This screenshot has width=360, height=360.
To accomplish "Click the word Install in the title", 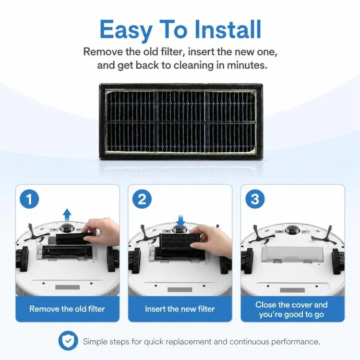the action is tap(228, 29).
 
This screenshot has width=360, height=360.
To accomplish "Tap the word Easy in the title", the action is tap(126, 30).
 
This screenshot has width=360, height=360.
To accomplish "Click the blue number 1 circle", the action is tap(29, 199).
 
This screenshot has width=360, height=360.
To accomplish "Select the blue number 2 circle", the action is tap(142, 199).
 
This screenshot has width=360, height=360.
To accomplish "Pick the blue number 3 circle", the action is tap(255, 199).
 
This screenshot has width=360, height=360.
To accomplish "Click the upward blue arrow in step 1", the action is tap(67, 215).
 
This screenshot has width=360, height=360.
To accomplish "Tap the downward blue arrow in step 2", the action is tap(181, 221).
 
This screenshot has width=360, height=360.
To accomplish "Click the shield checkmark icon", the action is tap(68, 341).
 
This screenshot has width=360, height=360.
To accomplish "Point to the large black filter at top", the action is tap(181, 122).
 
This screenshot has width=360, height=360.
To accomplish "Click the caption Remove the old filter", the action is tap(67, 309).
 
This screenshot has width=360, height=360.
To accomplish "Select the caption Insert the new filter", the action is tap(180, 309).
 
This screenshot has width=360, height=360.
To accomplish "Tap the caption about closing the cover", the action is tap(291, 310).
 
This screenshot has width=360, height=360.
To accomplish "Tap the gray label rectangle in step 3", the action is tap(292, 290).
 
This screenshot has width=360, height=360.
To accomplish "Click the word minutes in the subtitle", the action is tap(247, 65).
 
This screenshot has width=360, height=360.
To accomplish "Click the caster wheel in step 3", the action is tap(292, 230).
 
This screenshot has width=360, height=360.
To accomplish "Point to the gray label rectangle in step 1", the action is tap(68, 287).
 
